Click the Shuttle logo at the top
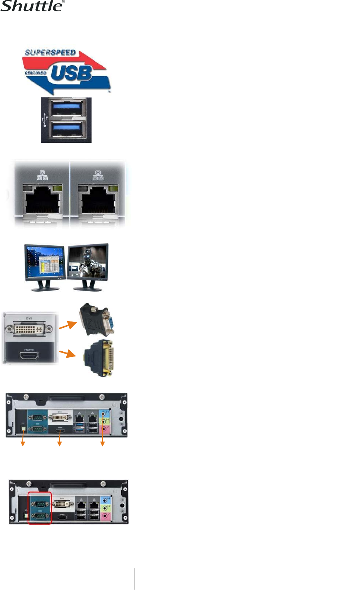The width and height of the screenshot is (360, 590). pos(32,6)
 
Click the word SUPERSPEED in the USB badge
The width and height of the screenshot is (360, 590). pos(50,53)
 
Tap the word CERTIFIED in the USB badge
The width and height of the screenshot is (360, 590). pos(35,73)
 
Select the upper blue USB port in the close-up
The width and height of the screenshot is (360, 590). pos(66,108)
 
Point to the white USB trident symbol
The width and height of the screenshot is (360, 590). pos(45,120)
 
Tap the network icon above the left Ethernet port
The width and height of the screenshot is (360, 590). pos(42,175)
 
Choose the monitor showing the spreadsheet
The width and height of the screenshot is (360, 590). pos(45,263)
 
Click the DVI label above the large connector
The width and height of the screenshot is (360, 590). pos(29,318)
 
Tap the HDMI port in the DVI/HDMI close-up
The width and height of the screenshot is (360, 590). pos(29,356)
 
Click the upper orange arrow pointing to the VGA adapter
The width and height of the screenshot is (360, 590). pos(67,325)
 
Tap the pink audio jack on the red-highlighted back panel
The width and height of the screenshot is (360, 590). pos(105,516)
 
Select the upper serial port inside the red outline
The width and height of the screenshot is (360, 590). pos(40,504)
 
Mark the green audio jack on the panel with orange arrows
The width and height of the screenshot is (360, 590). pos(105,421)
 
